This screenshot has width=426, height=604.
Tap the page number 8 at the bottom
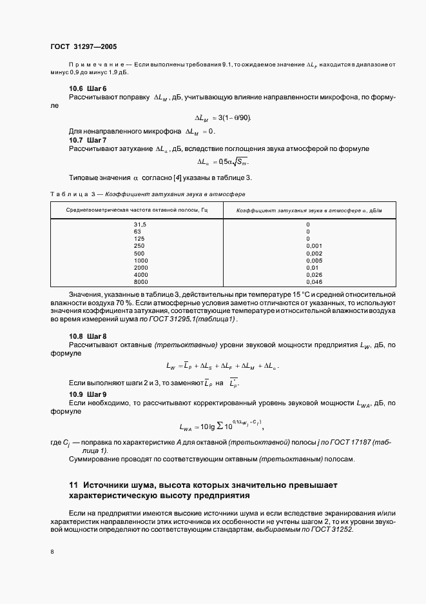coord(52,551)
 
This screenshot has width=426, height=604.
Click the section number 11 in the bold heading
coord(73,484)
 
